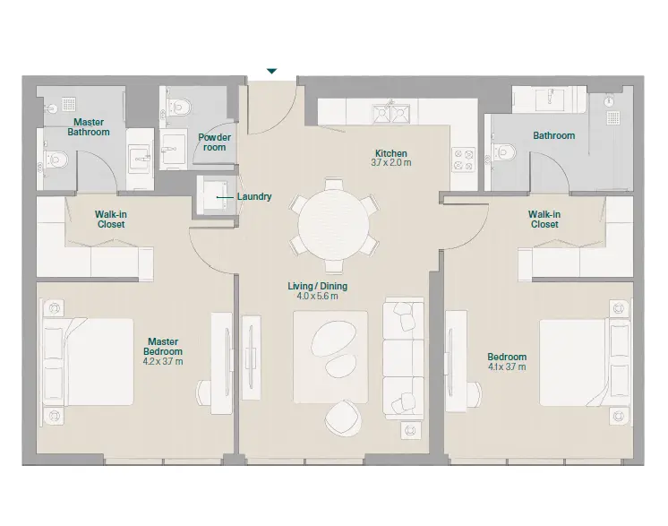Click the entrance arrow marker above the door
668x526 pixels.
(272, 71)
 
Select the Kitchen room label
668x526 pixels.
(391, 153)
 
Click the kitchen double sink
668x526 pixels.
(391, 114)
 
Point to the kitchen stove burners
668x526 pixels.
(464, 160)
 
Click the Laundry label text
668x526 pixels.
(254, 196)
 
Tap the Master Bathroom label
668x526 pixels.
(89, 127)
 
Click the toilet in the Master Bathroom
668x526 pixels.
(56, 160)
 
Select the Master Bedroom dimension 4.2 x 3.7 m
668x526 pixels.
(163, 361)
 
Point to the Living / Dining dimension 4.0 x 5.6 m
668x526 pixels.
(317, 296)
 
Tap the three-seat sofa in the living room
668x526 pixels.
(403, 358)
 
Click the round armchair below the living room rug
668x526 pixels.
(343, 418)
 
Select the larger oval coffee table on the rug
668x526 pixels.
(334, 338)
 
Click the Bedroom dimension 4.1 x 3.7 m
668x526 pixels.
(507, 366)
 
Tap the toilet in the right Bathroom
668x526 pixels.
(503, 151)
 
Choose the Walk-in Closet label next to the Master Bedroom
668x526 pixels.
(111, 220)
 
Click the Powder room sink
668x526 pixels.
(174, 149)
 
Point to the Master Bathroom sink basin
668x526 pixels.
(140, 159)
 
